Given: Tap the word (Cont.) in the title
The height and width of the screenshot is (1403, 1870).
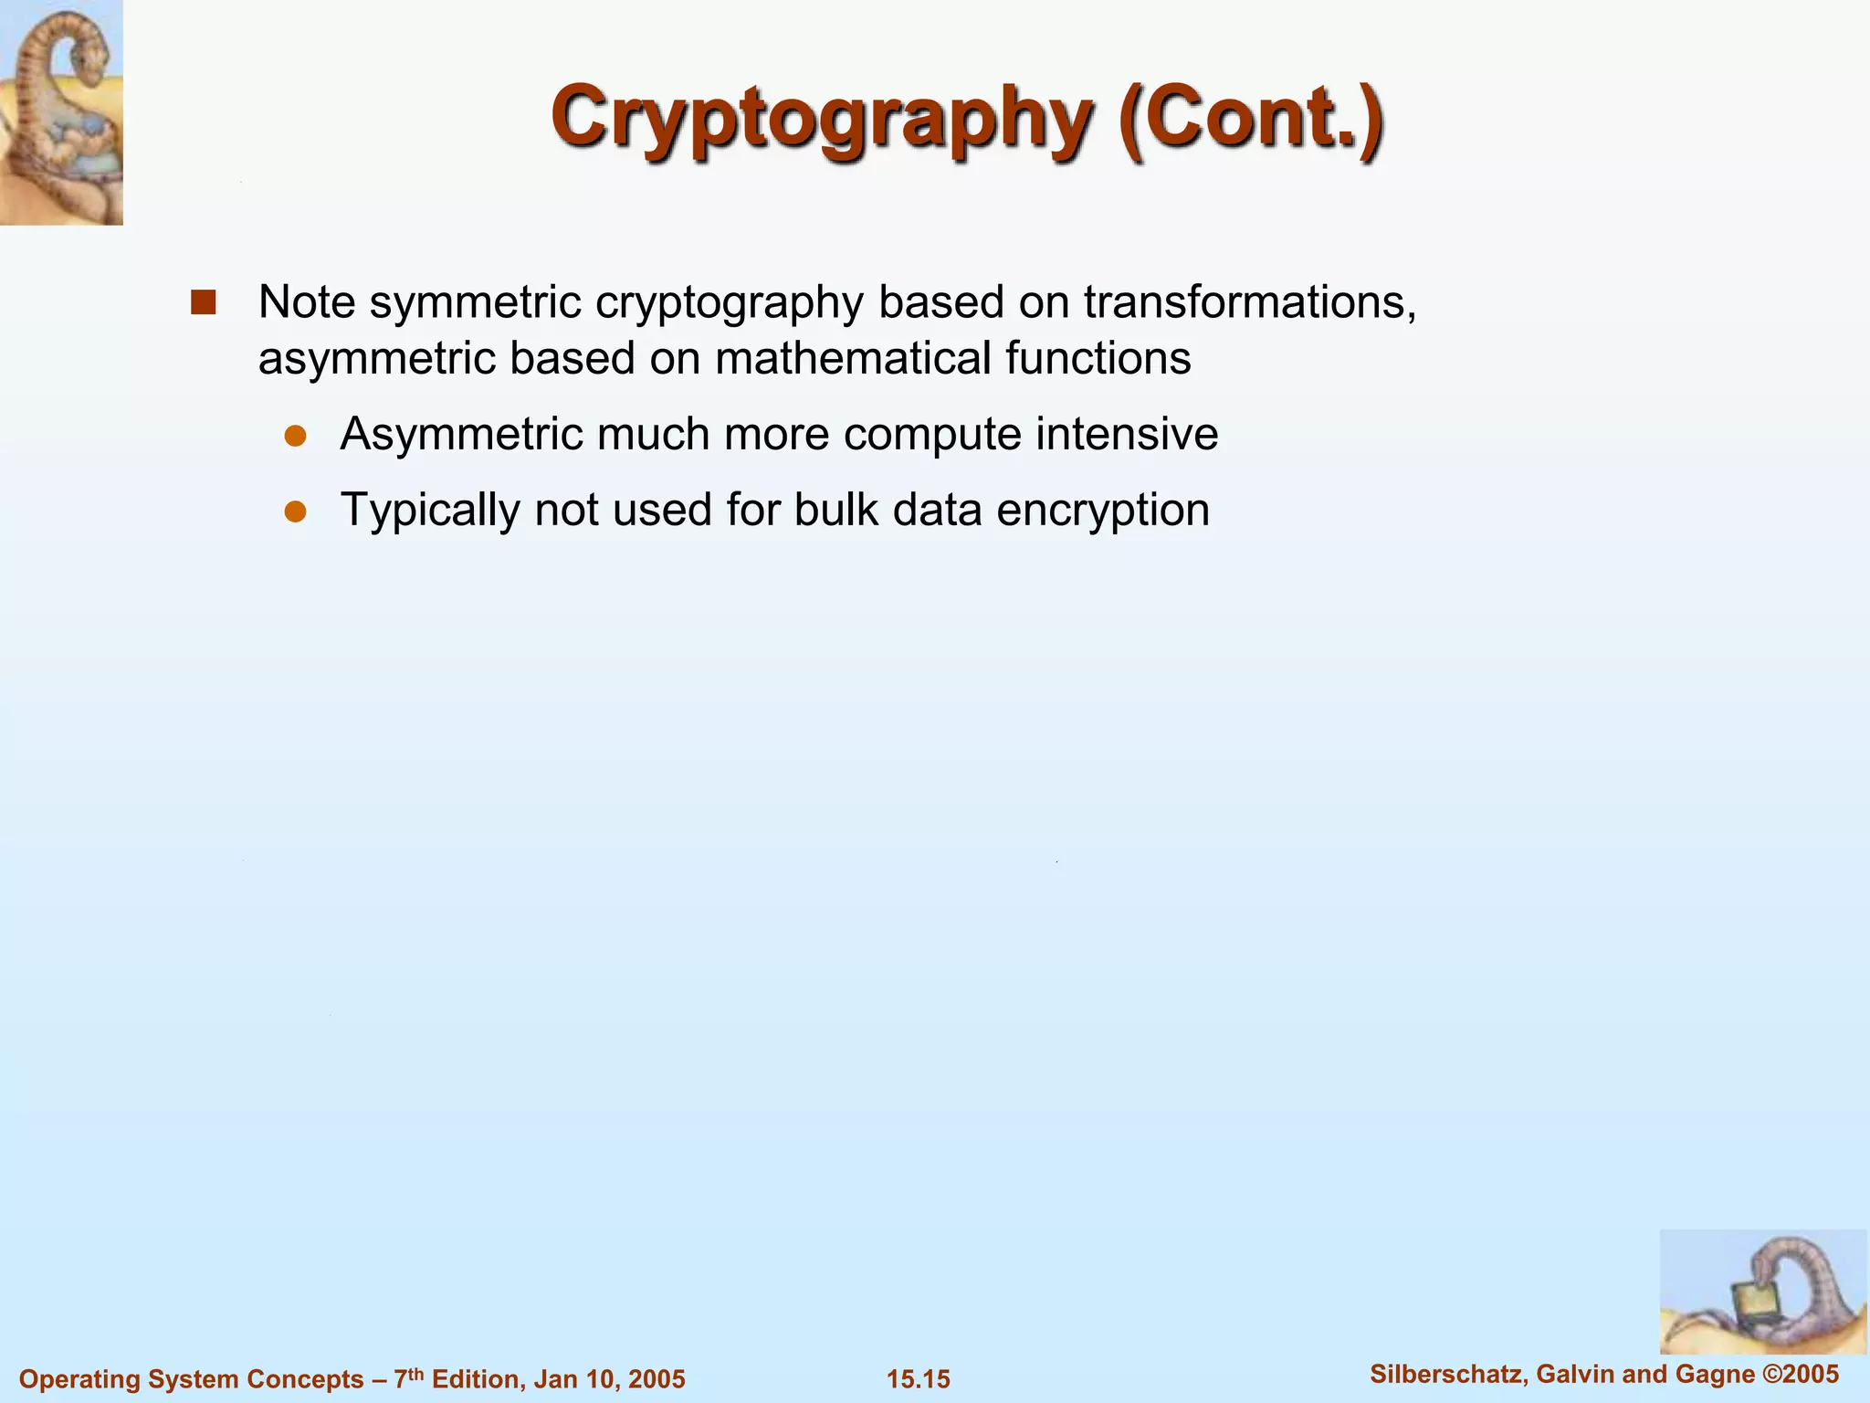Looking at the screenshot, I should (1250, 119).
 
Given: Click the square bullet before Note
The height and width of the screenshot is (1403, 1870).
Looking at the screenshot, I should (203, 302).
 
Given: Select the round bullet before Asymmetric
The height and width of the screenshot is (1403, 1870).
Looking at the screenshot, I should (295, 436).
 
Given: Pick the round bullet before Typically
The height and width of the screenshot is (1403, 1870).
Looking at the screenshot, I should (295, 512).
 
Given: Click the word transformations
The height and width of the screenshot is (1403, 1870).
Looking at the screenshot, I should (1250, 302).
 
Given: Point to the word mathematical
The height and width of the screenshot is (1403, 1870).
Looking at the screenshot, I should (853, 358).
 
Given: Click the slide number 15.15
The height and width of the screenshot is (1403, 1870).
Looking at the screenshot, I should (919, 1379).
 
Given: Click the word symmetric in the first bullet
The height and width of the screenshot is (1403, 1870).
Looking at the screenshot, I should (475, 302).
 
